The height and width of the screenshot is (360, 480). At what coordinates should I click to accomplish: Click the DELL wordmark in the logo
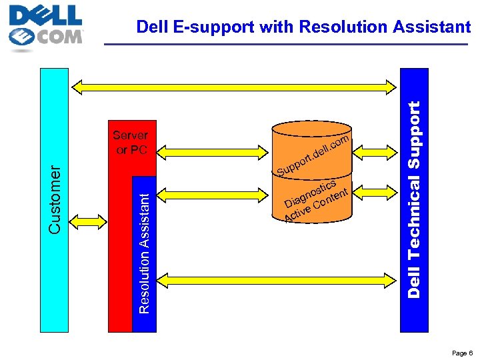(x=45, y=15)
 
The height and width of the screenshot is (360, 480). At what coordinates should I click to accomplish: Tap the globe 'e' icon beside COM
(x=23, y=37)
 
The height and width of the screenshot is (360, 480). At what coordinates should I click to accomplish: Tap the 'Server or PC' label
(x=131, y=143)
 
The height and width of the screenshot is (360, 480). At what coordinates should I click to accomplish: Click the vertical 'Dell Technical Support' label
(x=414, y=199)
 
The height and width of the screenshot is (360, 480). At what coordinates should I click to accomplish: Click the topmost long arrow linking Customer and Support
(x=234, y=85)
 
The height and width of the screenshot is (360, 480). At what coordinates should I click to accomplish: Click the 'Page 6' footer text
(x=461, y=353)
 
